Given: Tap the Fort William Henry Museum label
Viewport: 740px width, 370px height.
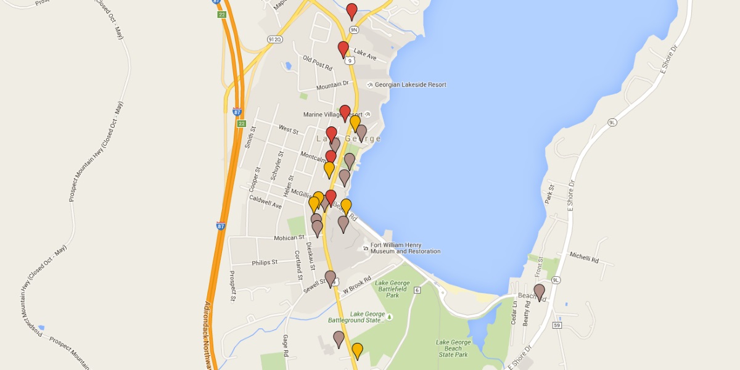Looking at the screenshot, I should (x=405, y=248).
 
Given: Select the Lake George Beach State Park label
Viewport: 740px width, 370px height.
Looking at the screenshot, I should (x=453, y=348).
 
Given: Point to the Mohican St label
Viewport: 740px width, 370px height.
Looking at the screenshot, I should (x=289, y=237).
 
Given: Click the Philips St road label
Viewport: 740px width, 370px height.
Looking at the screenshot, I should (x=265, y=263).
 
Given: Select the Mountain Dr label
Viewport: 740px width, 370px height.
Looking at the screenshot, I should (x=332, y=86).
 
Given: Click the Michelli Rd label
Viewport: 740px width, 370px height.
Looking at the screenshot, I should (x=584, y=258).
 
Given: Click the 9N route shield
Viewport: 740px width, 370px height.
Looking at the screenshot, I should (x=353, y=30).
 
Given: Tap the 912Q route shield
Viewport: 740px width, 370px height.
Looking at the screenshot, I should (x=275, y=39).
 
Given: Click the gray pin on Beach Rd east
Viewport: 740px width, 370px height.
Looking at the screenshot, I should (x=540, y=290).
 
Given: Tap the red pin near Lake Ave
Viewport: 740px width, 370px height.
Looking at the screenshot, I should (x=343, y=48).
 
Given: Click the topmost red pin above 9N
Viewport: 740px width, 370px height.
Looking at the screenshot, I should (x=351, y=10).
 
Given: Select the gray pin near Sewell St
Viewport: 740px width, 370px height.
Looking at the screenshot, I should (x=331, y=277).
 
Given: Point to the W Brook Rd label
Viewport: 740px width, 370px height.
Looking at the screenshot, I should (x=359, y=284).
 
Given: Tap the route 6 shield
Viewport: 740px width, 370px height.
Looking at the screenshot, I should (x=417, y=290).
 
